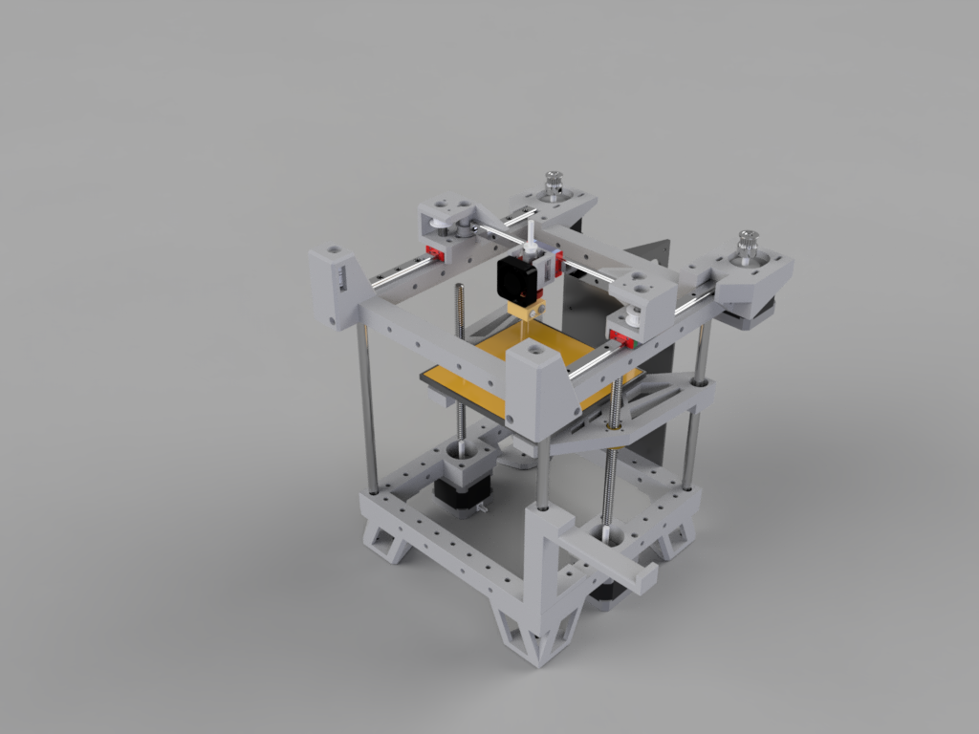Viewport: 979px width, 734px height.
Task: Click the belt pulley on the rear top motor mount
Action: (x=552, y=185)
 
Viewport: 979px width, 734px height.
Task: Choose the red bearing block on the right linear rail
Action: (x=626, y=336)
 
